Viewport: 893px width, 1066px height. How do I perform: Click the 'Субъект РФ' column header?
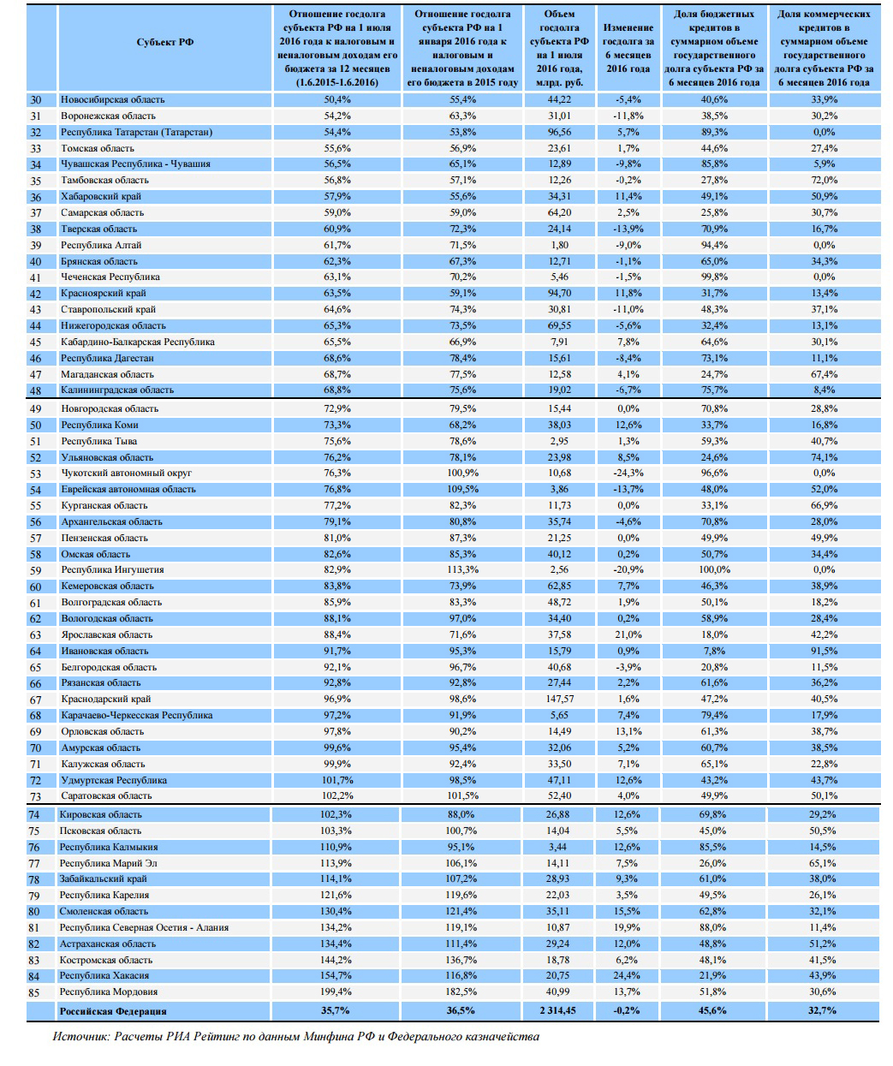coord(165,42)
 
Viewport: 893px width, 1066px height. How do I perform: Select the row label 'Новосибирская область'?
coord(113,99)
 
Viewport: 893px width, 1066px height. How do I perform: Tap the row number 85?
coord(34,992)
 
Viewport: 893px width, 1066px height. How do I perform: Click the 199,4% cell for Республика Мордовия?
coord(336,992)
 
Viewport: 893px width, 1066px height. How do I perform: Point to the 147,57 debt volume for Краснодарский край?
coord(559,699)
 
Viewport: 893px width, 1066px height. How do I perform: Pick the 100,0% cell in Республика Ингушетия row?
coord(714,569)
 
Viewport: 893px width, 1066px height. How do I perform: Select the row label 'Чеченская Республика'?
coord(110,277)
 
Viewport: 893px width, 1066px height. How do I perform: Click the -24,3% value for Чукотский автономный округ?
coord(628,473)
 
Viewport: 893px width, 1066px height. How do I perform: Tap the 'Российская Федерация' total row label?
coord(113,1011)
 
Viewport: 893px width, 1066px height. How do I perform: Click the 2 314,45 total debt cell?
coord(558,1011)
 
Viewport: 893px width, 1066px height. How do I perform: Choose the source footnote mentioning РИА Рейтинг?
coord(296,1037)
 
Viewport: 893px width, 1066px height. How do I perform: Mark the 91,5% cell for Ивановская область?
coord(824,651)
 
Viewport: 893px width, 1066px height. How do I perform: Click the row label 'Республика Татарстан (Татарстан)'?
coord(137,132)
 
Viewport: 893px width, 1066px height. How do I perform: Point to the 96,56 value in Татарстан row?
coord(559,132)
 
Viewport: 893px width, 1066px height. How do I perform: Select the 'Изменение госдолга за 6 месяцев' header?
coord(628,48)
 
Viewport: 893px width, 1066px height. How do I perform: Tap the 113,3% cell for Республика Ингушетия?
coord(462,569)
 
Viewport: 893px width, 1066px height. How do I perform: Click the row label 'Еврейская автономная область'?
coord(128,489)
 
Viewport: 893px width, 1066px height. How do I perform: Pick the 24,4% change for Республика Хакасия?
coord(628,976)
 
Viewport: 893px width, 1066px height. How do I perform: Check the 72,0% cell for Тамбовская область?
coord(824,180)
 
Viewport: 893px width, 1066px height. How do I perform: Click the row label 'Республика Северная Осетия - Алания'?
coord(144,927)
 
